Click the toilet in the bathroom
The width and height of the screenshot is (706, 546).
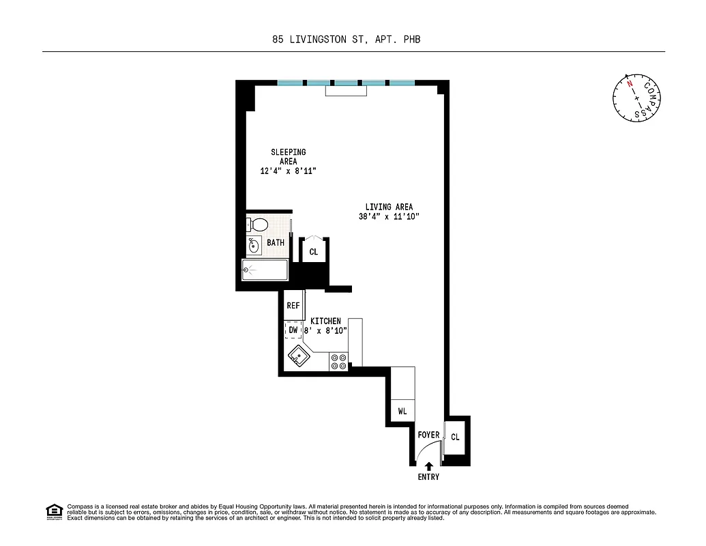point(257,224)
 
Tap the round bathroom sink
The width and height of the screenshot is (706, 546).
point(254,246)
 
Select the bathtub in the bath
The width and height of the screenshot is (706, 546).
point(265,270)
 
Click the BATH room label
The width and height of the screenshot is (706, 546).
point(276,243)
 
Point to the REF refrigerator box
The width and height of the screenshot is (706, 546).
point(293,306)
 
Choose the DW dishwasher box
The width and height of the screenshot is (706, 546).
point(293,330)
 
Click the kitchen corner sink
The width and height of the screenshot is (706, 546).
point(298,356)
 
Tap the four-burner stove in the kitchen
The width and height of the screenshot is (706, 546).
point(338,361)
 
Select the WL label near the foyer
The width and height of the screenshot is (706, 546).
point(402,412)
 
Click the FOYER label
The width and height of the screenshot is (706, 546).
point(428,435)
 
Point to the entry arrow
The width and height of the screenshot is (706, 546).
point(428,466)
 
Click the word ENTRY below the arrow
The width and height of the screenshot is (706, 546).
point(428,477)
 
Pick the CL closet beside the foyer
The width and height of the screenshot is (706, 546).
point(455,437)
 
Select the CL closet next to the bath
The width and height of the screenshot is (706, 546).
point(314,252)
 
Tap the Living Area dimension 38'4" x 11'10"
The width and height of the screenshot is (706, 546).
point(389,217)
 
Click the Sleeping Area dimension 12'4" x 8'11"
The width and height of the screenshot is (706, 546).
point(288,171)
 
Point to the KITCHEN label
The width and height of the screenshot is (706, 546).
point(325,321)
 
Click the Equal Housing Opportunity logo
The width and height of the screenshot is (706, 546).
point(54,511)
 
